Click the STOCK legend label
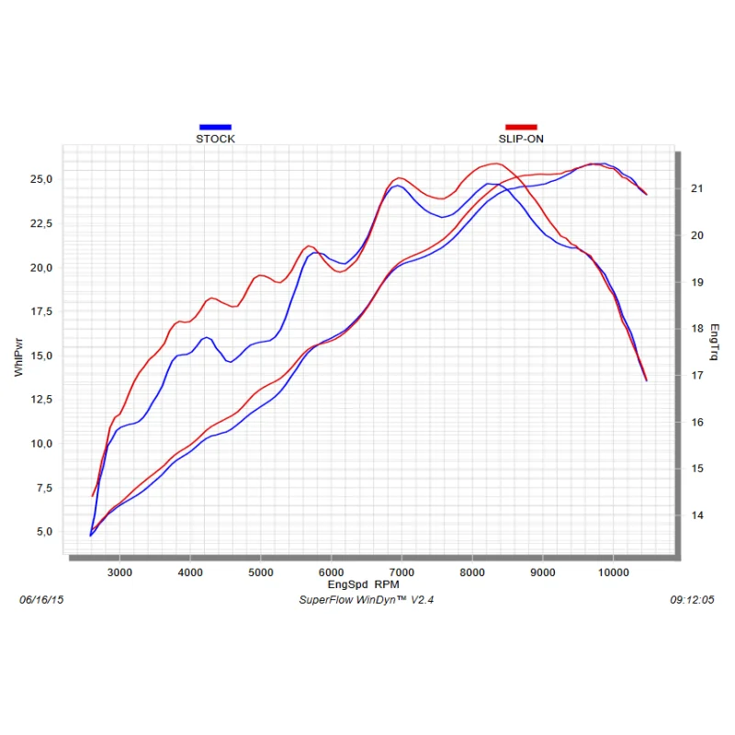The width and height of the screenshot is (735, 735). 215,140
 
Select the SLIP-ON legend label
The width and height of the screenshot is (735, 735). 521,140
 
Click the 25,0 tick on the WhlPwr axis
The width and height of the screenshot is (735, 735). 43,179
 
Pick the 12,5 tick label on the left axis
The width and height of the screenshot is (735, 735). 43,400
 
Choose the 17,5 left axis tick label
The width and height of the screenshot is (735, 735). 43,311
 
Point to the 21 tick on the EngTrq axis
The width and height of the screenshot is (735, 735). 696,188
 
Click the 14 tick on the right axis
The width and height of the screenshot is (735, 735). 696,515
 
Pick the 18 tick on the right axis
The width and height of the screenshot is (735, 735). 696,328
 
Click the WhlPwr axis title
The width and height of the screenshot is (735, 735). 19,356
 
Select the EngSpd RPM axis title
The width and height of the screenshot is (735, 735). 364,584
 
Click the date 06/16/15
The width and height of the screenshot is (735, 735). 41,600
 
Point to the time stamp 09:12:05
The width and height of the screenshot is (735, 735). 693,600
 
